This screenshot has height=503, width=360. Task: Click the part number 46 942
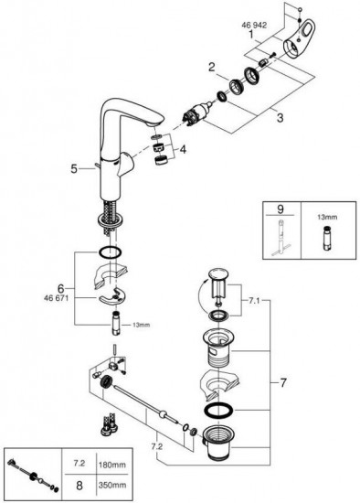coord(254,25)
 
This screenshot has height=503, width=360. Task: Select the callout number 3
coord(280,117)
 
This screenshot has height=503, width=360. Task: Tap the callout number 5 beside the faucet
coord(74,169)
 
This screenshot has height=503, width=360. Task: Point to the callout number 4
coord(183,149)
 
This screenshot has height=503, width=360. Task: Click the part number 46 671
coord(56,298)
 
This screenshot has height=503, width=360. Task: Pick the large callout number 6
coord(61,288)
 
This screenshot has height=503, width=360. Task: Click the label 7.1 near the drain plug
coord(254,301)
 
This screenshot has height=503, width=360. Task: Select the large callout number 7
coord(282,382)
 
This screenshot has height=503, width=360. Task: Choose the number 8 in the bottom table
coord(79,486)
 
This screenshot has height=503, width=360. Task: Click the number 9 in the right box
coord(281,209)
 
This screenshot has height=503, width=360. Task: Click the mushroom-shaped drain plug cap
coord(218,284)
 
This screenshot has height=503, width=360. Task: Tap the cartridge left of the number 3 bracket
coord(196,112)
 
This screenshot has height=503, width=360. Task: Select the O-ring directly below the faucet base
coord(110,251)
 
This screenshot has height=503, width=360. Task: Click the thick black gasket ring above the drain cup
coord(218,411)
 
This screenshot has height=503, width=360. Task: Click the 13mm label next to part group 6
coord(141,325)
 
